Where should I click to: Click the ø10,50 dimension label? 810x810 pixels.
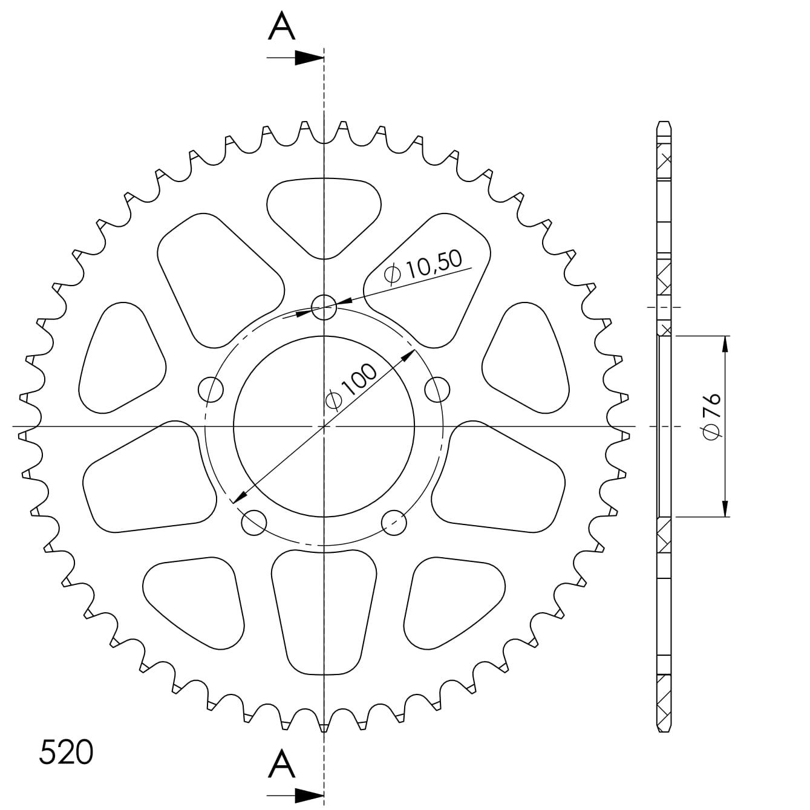coord(423,267)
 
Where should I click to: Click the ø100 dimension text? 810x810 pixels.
coord(351,386)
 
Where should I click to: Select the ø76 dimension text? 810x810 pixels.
coord(712,417)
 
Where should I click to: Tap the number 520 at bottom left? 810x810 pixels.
coord(66,752)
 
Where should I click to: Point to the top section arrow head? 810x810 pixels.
coord(309,58)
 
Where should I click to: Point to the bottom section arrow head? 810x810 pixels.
coord(309,795)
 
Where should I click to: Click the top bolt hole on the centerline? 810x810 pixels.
coord(324,307)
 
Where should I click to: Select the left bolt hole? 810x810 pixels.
coord(211,390)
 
